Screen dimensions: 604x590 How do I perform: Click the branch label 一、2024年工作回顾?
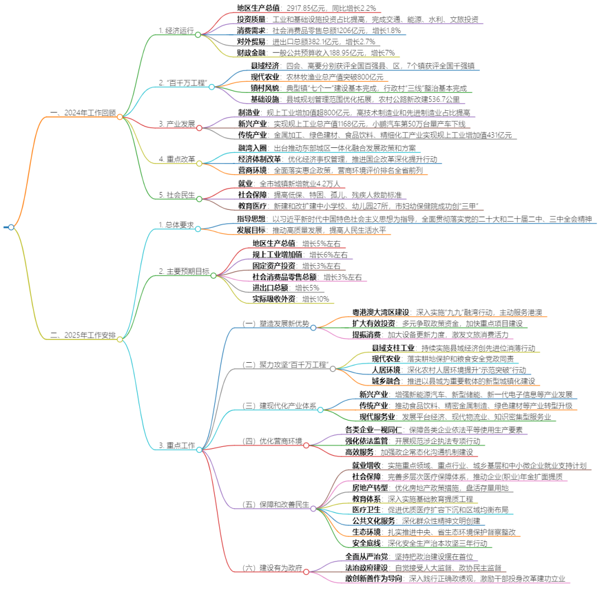83,113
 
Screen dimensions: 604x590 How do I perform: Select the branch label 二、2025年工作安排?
83,336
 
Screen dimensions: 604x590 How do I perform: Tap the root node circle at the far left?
11,227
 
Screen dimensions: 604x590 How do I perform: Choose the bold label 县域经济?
266,66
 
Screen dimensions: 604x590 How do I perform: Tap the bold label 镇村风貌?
266,88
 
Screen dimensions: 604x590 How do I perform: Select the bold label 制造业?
248,113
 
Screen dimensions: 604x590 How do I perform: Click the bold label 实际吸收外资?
274,299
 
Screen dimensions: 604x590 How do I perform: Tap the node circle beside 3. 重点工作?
199,449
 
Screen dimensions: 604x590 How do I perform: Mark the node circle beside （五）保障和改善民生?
314,508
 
